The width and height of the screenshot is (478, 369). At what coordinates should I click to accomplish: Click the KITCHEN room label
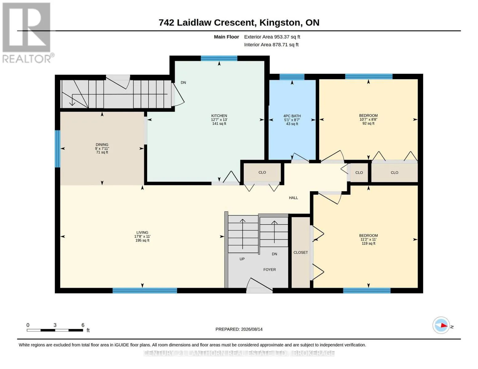(x=219, y=116)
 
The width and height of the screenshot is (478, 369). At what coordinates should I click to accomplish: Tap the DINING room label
(x=102, y=145)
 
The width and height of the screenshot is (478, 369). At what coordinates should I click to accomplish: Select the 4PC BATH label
(x=292, y=116)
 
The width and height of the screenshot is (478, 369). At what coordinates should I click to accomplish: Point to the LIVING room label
(x=142, y=232)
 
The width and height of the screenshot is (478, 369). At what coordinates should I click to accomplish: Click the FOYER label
(x=269, y=270)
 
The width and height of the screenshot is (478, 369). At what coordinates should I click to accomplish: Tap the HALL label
(x=293, y=198)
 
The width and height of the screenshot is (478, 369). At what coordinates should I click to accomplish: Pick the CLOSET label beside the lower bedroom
(x=300, y=252)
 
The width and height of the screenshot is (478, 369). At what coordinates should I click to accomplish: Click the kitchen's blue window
(x=219, y=58)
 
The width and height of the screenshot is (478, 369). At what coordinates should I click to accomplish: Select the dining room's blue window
(x=58, y=149)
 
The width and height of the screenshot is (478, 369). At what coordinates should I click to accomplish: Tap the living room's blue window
(x=145, y=291)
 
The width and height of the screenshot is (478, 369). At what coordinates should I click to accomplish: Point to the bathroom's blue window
(x=292, y=77)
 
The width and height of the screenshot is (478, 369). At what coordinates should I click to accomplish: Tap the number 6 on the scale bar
(x=83, y=325)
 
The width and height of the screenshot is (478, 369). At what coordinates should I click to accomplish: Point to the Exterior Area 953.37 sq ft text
(x=272, y=37)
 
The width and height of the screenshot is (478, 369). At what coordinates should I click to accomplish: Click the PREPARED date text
(x=239, y=329)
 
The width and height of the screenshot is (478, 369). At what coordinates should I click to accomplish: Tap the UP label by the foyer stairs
(x=242, y=259)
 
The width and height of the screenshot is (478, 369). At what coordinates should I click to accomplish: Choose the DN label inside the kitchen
(x=183, y=83)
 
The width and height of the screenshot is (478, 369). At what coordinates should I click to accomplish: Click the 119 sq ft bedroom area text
(x=368, y=244)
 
